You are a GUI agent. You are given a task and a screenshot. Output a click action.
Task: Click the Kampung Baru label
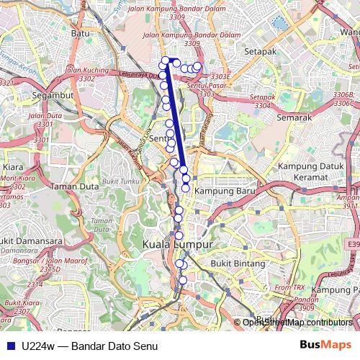point(221,191)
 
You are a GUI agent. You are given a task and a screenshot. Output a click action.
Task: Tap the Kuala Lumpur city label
point(178,245)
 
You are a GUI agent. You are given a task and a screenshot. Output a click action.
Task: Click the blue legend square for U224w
point(9,345)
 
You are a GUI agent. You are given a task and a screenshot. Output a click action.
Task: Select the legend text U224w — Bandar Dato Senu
point(90,345)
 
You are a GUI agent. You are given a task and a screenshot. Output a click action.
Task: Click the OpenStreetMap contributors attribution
point(297,323)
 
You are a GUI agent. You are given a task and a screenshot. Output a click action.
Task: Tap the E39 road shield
point(353,246)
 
